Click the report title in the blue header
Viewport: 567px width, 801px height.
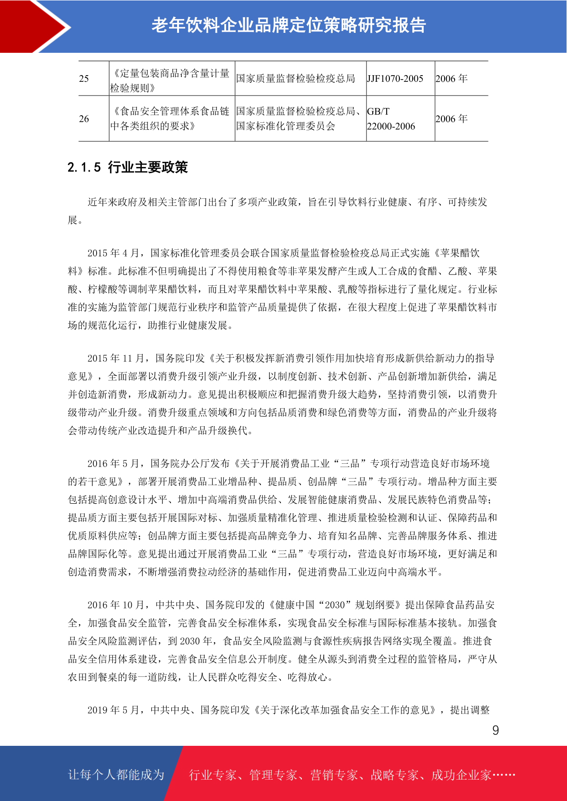pyautogui.click(x=288, y=26)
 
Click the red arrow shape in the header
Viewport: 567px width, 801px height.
pyautogui.click(x=33, y=26)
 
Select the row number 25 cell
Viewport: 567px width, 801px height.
pyautogui.click(x=84, y=78)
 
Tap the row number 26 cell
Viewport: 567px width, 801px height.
pyautogui.click(x=84, y=119)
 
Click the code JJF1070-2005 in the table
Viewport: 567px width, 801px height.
pyautogui.click(x=395, y=78)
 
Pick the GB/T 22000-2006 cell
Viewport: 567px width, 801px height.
pyautogui.click(x=391, y=119)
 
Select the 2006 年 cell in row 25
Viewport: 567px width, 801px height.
pyautogui.click(x=451, y=78)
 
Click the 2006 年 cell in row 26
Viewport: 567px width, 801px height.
pyautogui.click(x=451, y=119)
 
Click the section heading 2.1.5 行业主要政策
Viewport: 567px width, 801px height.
pyautogui.click(x=128, y=167)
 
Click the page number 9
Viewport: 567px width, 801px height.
pyautogui.click(x=496, y=731)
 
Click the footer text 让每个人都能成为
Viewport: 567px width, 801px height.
pyautogui.click(x=116, y=775)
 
